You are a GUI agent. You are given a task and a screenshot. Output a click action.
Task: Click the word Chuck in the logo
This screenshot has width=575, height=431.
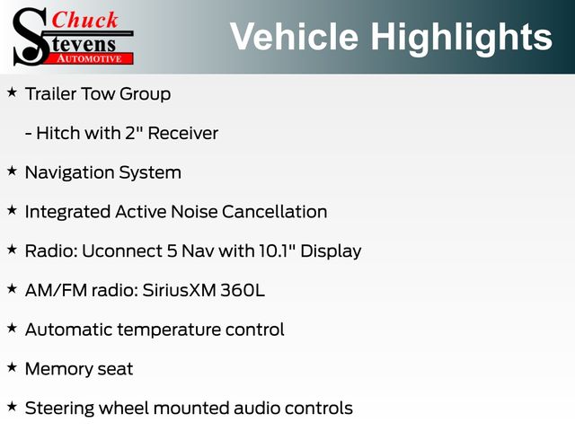84,21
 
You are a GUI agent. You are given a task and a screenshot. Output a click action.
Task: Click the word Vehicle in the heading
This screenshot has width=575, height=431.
294,36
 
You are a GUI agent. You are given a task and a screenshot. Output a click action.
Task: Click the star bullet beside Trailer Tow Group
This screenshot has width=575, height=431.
12,92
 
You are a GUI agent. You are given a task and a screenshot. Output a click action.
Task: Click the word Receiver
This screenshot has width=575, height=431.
183,133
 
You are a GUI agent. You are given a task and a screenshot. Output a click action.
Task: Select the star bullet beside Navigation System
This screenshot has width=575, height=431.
12,171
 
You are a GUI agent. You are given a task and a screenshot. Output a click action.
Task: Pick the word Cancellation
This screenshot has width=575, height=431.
274,212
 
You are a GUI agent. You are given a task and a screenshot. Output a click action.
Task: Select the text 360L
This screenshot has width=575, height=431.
243,290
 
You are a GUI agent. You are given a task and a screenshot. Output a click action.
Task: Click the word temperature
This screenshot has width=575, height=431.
170,330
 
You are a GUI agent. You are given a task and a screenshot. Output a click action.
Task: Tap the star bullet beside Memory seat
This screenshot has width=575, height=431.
12,367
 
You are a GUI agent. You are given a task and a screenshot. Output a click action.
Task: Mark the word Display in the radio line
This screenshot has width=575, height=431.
331,251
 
